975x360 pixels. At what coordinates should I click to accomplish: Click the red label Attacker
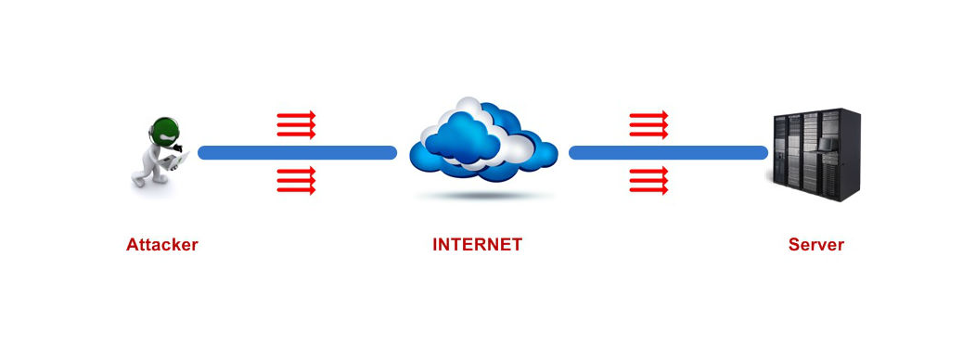pyautogui.click(x=162, y=245)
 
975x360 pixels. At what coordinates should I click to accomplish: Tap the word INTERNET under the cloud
pyautogui.click(x=477, y=245)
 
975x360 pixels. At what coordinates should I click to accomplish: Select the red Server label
pyautogui.click(x=815, y=245)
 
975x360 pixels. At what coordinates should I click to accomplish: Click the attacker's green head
pyautogui.click(x=165, y=129)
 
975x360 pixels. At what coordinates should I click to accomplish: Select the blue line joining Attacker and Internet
pyautogui.click(x=297, y=152)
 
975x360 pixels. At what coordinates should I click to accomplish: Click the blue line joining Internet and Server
pyautogui.click(x=668, y=152)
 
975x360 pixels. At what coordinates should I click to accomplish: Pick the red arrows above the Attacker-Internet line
pyautogui.click(x=296, y=124)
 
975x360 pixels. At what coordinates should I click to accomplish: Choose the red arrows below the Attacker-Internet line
pyautogui.click(x=296, y=180)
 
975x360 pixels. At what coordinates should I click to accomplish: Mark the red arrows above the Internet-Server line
pyautogui.click(x=648, y=124)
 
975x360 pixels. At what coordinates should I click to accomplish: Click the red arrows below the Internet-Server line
pyautogui.click(x=648, y=180)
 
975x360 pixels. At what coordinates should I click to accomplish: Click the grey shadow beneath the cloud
pyautogui.click(x=479, y=196)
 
